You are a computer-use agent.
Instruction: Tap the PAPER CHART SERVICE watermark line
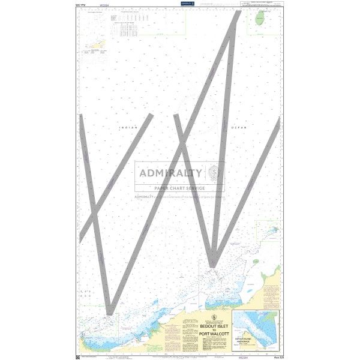180,187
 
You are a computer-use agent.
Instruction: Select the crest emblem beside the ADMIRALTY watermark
214,174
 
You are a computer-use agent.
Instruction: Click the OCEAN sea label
238,128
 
